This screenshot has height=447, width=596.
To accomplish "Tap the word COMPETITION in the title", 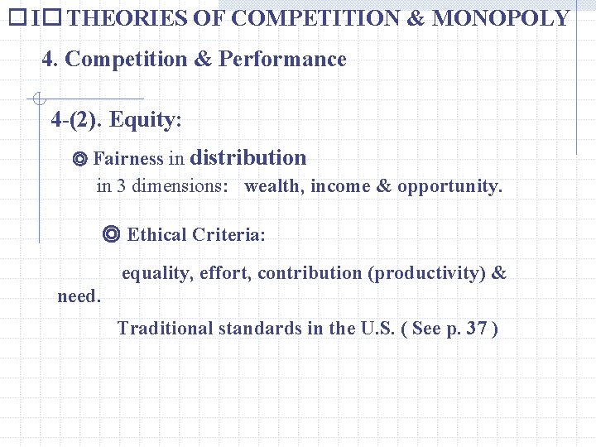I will tap(315, 18).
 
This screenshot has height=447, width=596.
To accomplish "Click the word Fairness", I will tap(129, 159).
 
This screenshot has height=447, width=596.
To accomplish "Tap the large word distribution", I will tap(248, 157).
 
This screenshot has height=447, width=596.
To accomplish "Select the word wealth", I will tap(272, 186).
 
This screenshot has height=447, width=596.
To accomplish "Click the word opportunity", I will tap(449, 186).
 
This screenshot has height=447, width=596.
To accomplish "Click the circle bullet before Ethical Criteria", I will tap(113, 234).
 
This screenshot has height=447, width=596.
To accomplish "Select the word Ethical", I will tap(156, 235).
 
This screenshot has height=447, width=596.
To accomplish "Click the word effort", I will tap(223, 273).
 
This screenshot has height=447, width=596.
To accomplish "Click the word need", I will tap(78, 296).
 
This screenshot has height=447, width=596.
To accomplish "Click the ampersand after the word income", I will tap(383, 186).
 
